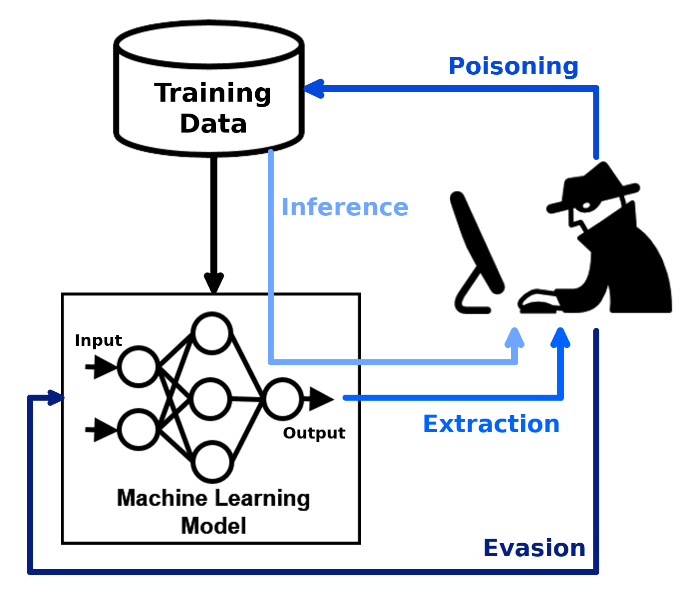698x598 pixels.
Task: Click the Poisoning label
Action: (513, 66)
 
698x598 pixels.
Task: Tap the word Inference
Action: (345, 207)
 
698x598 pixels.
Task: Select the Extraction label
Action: (491, 424)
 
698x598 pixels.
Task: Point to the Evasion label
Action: (534, 548)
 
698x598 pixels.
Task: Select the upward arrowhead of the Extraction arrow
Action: (560, 337)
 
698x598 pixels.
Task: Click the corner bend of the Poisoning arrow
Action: (596, 89)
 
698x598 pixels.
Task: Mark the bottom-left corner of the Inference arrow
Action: (271, 362)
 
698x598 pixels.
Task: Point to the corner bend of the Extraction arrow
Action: (560, 397)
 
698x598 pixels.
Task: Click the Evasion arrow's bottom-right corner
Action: (596, 572)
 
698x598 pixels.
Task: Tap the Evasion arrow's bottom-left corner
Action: (30, 572)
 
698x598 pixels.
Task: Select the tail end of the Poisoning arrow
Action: (596, 157)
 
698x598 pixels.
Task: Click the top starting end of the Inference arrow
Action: (271, 152)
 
